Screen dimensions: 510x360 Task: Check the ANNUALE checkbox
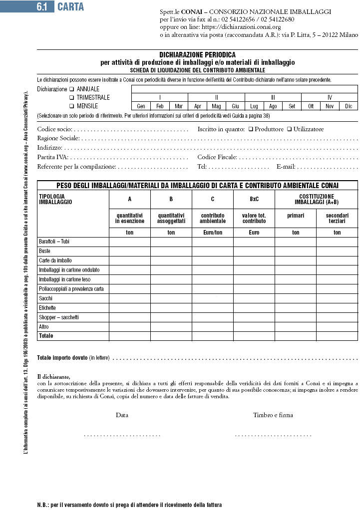click(x=71, y=89)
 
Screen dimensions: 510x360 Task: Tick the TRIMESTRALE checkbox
click(x=71, y=98)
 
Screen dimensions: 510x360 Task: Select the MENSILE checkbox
click(x=71, y=106)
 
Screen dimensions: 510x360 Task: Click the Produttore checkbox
click(x=251, y=129)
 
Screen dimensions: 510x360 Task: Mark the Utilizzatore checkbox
click(x=289, y=129)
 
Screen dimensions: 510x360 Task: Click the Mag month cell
click(x=216, y=106)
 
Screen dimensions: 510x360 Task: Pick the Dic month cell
click(x=348, y=106)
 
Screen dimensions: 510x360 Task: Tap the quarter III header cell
click(x=273, y=98)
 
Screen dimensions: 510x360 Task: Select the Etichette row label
click(x=47, y=308)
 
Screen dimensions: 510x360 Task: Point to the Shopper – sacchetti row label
click(x=58, y=317)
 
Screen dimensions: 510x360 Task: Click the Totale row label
click(x=46, y=336)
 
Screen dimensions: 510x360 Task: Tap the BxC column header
click(x=254, y=199)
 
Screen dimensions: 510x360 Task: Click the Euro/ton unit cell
click(x=213, y=233)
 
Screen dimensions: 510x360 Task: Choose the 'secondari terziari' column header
click(x=337, y=218)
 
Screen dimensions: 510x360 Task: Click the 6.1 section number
click(x=42, y=7)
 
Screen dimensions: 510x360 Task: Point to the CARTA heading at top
click(x=71, y=7)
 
